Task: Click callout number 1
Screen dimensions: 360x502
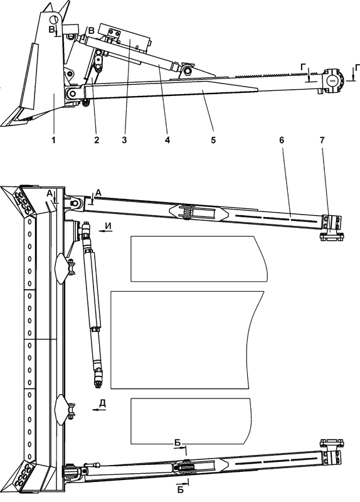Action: tap(54, 140)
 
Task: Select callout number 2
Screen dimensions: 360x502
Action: tap(97, 140)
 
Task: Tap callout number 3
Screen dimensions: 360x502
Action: tap(124, 140)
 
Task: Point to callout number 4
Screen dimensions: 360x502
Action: tap(167, 140)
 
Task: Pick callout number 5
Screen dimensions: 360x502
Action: tap(213, 140)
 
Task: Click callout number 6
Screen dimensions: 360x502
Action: tap(282, 140)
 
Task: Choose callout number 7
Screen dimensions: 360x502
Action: tap(322, 140)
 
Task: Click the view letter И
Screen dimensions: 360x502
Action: tap(109, 226)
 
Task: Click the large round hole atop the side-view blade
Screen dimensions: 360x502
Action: tap(54, 19)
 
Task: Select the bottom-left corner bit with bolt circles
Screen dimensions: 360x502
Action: tap(23, 476)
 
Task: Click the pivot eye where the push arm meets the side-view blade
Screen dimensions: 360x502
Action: tap(73, 93)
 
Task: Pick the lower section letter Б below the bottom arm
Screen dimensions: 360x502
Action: tap(181, 489)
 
